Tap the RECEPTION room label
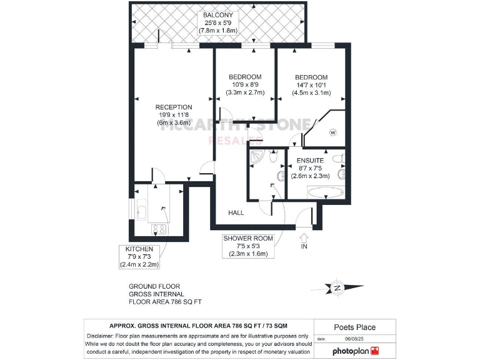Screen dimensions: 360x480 [x=174, y=107]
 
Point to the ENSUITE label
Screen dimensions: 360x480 [x=310, y=160]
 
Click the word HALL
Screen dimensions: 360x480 [x=236, y=212]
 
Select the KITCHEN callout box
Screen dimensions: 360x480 [x=140, y=256]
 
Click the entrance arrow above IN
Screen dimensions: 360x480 [x=304, y=238]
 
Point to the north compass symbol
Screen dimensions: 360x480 [x=337, y=288]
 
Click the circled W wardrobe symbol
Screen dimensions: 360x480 [x=332, y=132]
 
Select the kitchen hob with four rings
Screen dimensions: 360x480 [x=156, y=229]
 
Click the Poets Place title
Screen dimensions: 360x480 [x=354, y=327]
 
